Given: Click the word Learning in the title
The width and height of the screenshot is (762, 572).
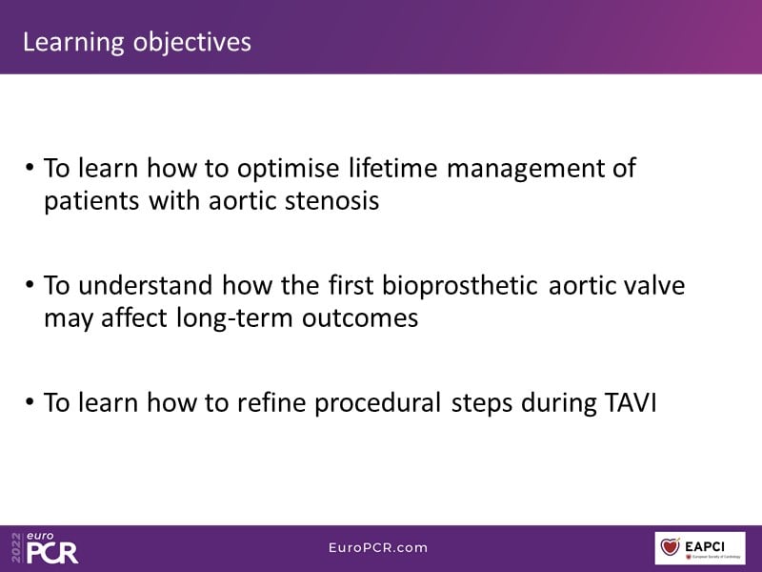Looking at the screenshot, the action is point(73,43).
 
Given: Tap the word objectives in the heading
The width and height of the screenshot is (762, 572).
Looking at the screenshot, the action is point(192,43).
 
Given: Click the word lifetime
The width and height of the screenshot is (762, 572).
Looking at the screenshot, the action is point(393,169).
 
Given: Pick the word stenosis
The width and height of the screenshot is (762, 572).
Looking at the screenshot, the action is point(331,201).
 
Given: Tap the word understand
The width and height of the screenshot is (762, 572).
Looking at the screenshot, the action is point(146,285).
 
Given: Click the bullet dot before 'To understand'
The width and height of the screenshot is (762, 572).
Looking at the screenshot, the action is point(30,283).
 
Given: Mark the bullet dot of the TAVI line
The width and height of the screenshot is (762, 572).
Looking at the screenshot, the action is point(30,401).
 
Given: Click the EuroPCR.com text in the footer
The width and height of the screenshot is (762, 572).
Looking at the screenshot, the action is point(378,547).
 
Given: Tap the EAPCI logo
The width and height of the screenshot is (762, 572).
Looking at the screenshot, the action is point(700,548).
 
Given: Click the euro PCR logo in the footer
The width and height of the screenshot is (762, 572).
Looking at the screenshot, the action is point(45,547).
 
